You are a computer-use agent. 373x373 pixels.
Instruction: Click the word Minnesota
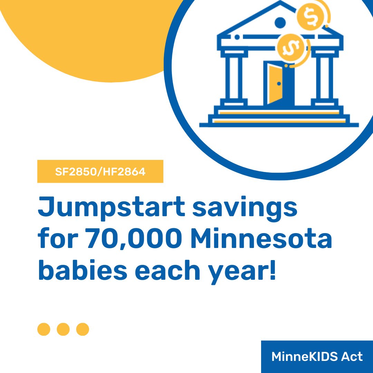pyautogui.click(x=261, y=240)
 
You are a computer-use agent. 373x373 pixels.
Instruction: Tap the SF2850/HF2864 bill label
pyautogui.click(x=100, y=172)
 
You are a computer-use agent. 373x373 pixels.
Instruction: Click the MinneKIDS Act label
pyautogui.click(x=317, y=357)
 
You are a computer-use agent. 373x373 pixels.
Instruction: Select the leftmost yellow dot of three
pyautogui.click(x=44, y=329)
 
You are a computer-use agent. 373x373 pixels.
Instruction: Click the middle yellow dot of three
pyautogui.click(x=63, y=329)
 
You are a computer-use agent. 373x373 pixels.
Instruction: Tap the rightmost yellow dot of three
pyautogui.click(x=83, y=329)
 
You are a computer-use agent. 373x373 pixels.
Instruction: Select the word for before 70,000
pyautogui.click(x=57, y=240)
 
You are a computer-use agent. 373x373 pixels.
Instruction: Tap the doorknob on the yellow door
pyautogui.click(x=279, y=84)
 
